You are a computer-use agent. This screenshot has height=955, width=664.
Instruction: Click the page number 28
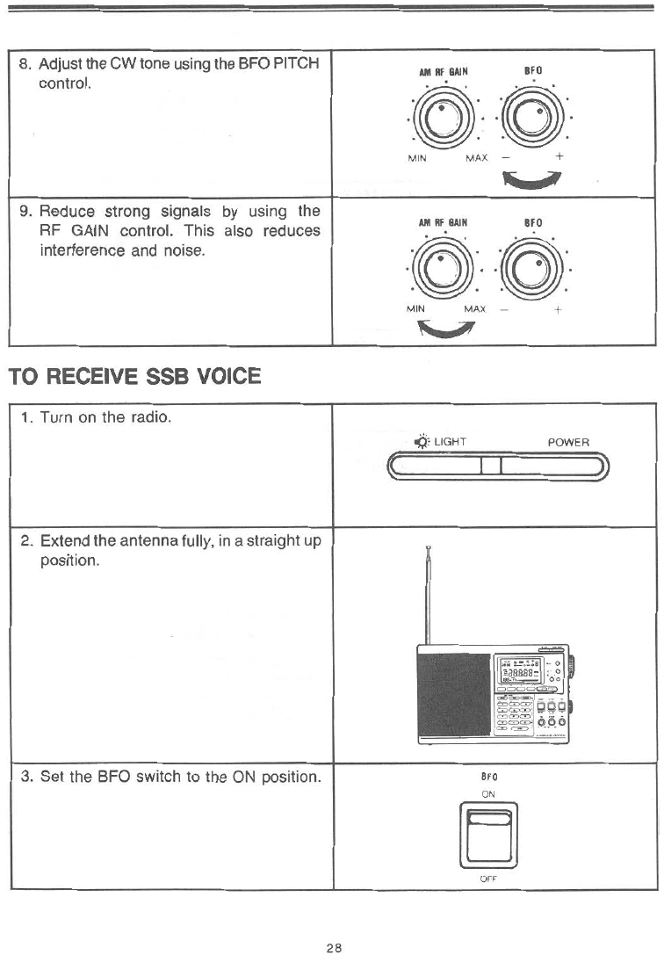[x=333, y=922]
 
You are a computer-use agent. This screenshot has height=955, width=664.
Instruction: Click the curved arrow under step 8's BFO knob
[x=532, y=179]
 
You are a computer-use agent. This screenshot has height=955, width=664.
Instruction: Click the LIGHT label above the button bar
[x=449, y=442]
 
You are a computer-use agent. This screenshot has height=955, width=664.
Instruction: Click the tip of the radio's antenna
[x=428, y=549]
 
